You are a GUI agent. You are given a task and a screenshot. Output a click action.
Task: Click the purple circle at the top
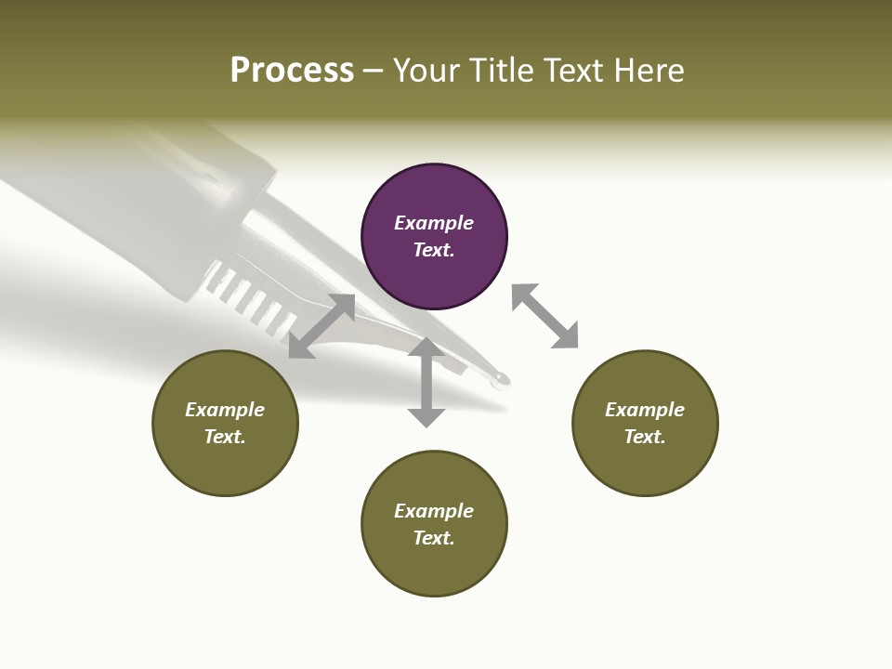pos(434,237)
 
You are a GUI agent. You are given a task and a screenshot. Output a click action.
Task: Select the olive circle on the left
pos(225,424)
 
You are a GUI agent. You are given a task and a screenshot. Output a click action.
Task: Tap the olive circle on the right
pos(645,424)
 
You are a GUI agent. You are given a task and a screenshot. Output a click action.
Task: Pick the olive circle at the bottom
pos(434,524)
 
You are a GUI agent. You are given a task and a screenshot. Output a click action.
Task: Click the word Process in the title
pos(292,71)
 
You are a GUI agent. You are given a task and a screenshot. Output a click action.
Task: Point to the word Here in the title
pos(648,71)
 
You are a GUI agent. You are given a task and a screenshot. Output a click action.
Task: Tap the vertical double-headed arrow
pos(426,382)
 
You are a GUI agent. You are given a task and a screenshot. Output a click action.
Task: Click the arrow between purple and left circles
pos(321,326)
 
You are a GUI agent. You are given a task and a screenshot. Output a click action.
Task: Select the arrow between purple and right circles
pos(544,316)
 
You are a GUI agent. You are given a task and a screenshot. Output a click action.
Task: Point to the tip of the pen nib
pos(502,378)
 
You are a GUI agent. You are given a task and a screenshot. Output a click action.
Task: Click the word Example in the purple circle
pos(434,223)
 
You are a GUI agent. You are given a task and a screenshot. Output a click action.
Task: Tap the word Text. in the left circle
pos(225,437)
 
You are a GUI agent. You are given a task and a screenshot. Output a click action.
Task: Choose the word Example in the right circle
pos(645,410)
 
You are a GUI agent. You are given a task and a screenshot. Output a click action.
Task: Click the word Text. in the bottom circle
pos(434,538)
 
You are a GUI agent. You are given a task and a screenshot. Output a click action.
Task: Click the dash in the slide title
pos(373,72)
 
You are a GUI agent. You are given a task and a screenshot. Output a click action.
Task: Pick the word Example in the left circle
pos(225,410)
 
